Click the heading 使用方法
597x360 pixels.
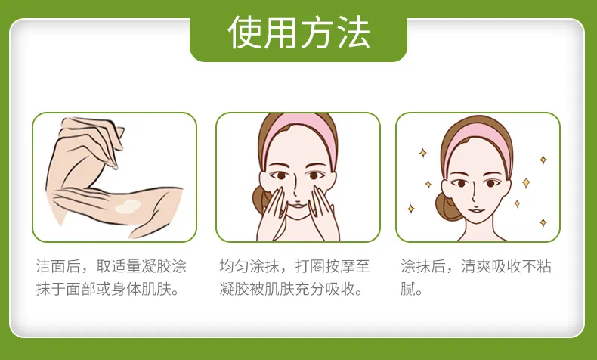[x=299, y=33]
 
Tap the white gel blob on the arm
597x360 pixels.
[x=128, y=206]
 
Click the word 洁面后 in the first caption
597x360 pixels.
[x=58, y=266]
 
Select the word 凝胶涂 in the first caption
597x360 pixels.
[x=164, y=266]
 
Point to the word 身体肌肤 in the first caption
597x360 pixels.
[x=141, y=290]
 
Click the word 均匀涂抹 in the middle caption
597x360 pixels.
[x=249, y=266]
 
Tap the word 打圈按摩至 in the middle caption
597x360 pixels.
[x=333, y=266]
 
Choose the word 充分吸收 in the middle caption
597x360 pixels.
[x=325, y=290]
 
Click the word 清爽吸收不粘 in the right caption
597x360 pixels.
[x=506, y=266]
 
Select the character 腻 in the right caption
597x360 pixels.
[x=407, y=290]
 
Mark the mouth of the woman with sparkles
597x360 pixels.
[x=475, y=210]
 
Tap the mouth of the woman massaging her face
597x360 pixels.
[x=298, y=206]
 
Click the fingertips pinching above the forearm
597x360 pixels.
[x=113, y=165]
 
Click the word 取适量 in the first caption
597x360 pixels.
[x=119, y=266]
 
